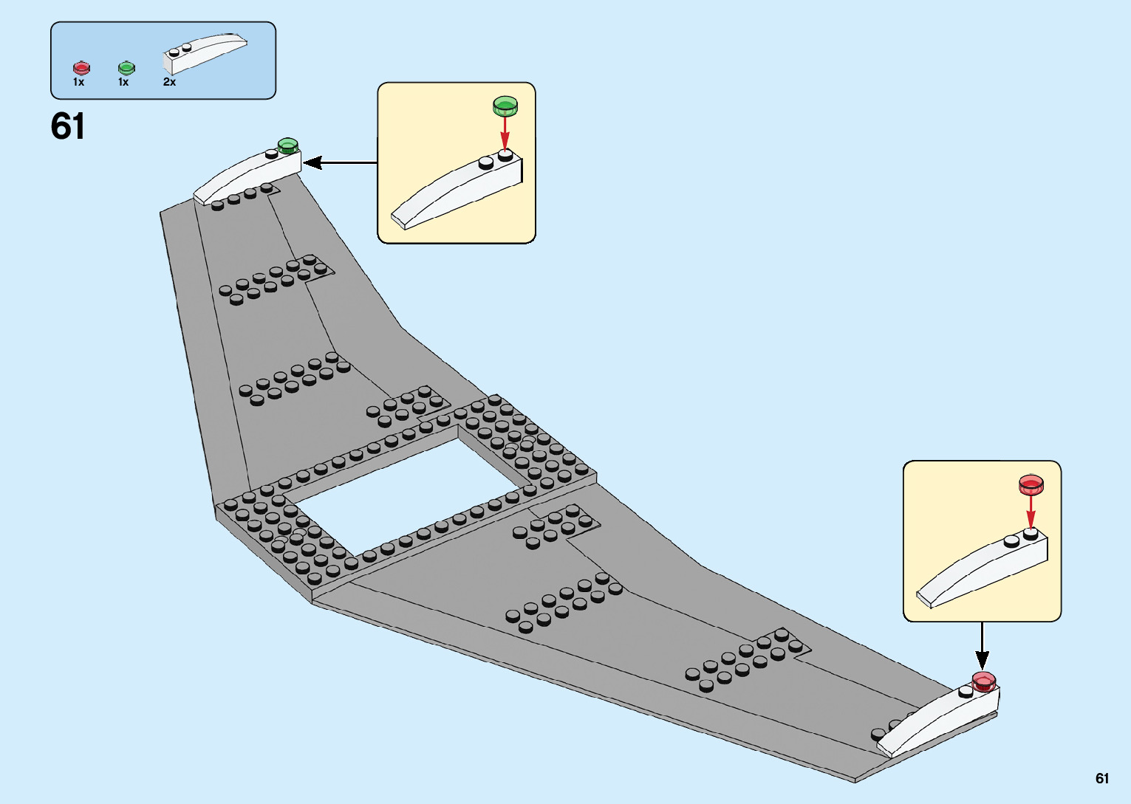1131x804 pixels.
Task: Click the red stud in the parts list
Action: point(81,69)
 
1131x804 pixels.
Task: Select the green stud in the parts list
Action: point(126,69)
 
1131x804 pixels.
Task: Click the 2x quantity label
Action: point(169,82)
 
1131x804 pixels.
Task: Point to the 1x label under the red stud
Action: point(78,82)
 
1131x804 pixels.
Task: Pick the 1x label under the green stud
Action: point(123,82)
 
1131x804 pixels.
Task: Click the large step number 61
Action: point(68,127)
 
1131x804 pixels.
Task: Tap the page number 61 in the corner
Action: point(1102,778)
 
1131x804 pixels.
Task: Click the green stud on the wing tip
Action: point(287,145)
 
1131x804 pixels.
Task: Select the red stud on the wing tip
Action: point(984,681)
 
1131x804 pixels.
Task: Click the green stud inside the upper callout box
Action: point(505,106)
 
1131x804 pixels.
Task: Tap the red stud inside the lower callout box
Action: point(1031,484)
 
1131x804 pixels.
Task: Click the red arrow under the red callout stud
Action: point(1031,511)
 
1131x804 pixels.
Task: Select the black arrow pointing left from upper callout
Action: point(340,162)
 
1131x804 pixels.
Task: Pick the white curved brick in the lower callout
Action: point(983,570)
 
